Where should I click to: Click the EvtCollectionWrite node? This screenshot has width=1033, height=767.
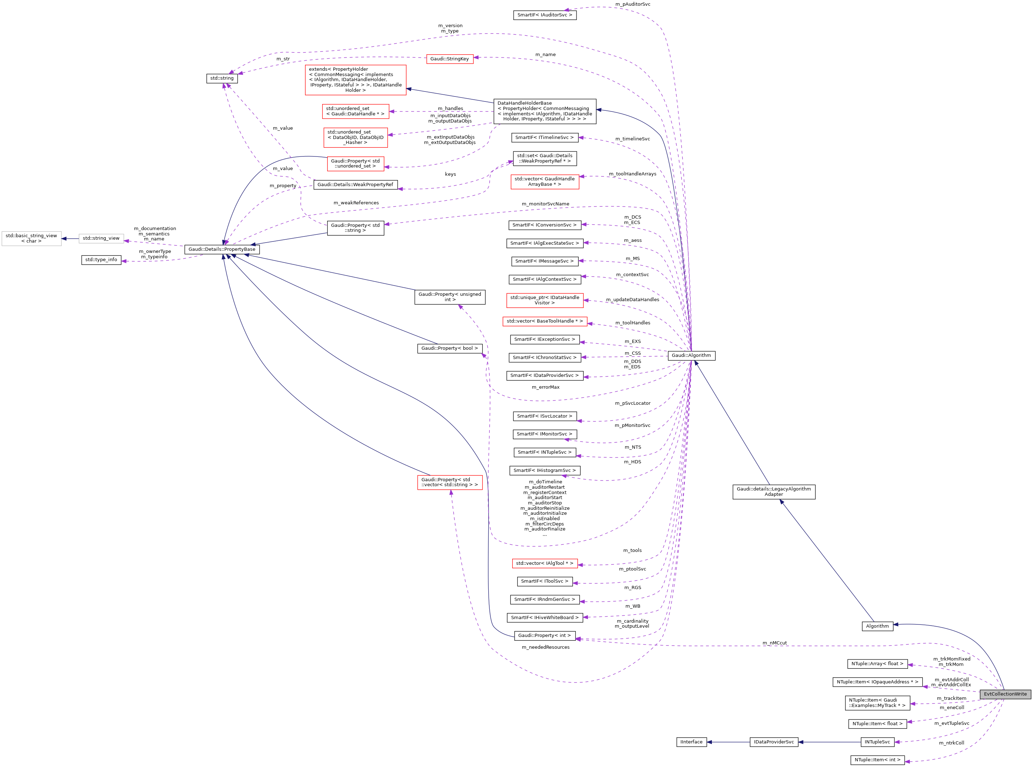pyautogui.click(x=1005, y=694)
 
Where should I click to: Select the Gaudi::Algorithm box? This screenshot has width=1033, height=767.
pyautogui.click(x=691, y=356)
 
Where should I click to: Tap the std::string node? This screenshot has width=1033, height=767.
pyautogui.click(x=222, y=79)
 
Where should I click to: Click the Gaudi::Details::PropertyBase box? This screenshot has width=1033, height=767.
pyautogui.click(x=222, y=249)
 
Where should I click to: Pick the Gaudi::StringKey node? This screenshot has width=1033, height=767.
pyautogui.click(x=449, y=59)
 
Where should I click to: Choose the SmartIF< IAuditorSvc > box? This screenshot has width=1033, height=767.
pyautogui.click(x=545, y=15)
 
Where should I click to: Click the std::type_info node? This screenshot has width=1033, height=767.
pyautogui.click(x=101, y=259)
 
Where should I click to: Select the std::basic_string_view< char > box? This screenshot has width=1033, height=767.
pyautogui.click(x=31, y=238)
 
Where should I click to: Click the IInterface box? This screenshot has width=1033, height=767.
pyautogui.click(x=691, y=742)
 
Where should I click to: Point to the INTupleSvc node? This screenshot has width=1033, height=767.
pyautogui.click(x=877, y=742)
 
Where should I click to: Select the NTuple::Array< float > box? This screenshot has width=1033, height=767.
pyautogui.click(x=877, y=664)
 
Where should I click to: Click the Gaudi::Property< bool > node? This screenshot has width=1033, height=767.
pyautogui.click(x=449, y=348)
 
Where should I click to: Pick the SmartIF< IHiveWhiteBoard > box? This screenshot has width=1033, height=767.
pyautogui.click(x=545, y=618)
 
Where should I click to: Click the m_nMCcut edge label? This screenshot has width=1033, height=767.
pyautogui.click(x=774, y=643)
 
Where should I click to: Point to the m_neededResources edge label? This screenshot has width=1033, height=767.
pyautogui.click(x=545, y=647)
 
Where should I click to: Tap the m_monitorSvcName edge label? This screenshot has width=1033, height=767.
pyautogui.click(x=545, y=204)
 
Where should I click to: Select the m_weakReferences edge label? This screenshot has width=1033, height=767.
pyautogui.click(x=356, y=203)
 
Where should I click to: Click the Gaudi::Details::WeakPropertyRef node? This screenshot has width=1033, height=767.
pyautogui.click(x=355, y=185)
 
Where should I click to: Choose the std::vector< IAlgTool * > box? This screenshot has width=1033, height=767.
pyautogui.click(x=545, y=563)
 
